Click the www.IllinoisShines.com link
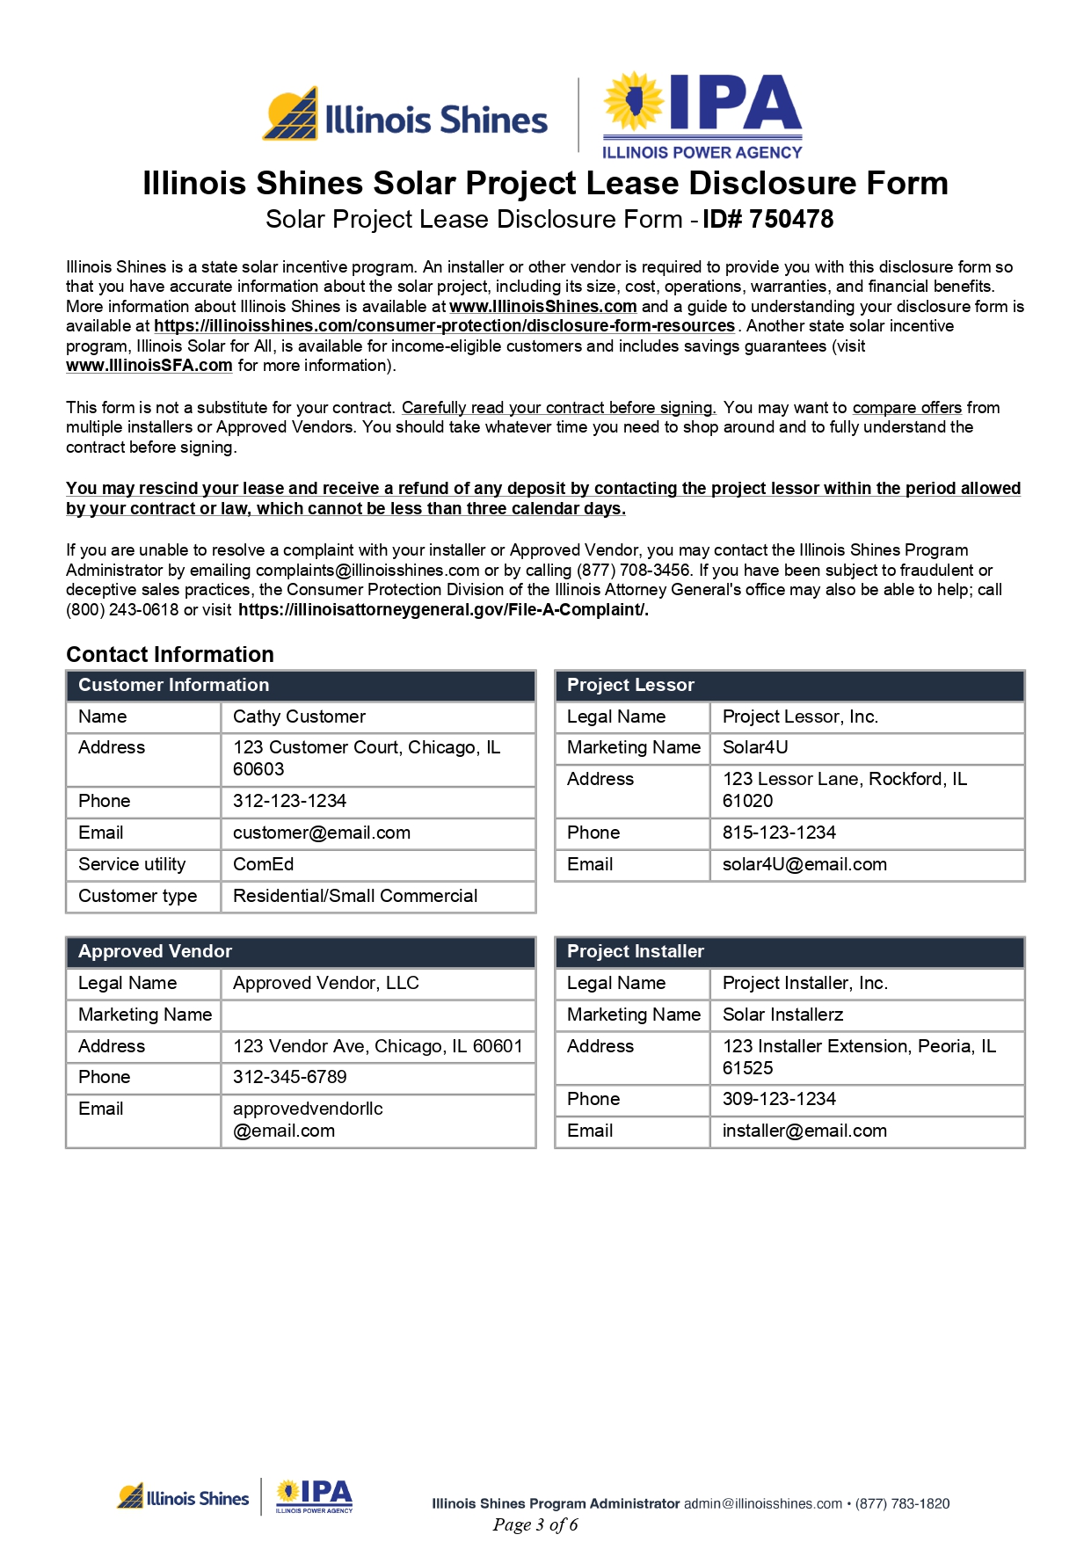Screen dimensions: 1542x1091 tap(542, 306)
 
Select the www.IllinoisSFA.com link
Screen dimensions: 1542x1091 tap(149, 366)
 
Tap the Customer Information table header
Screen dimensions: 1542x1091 tap(174, 685)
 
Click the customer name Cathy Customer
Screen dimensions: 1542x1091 tap(299, 716)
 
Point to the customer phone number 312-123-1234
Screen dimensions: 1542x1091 tap(289, 801)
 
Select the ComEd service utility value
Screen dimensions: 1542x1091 tap(263, 864)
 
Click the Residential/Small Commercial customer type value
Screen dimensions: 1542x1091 tap(355, 896)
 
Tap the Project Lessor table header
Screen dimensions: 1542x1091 tap(630, 685)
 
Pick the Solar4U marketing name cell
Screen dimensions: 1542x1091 tap(755, 747)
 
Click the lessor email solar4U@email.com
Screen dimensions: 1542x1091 tap(804, 864)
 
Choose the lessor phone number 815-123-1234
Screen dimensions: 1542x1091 tap(779, 833)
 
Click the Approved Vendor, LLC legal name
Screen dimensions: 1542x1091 tap(325, 983)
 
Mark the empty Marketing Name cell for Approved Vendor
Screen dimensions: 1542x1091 tap(378, 1015)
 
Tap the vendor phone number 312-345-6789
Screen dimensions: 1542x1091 tap(289, 1077)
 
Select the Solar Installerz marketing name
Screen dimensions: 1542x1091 tap(782, 1015)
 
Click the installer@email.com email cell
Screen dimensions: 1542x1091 tap(804, 1131)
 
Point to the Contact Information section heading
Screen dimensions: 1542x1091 tap(170, 654)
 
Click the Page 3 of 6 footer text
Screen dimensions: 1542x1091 tap(535, 1524)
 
